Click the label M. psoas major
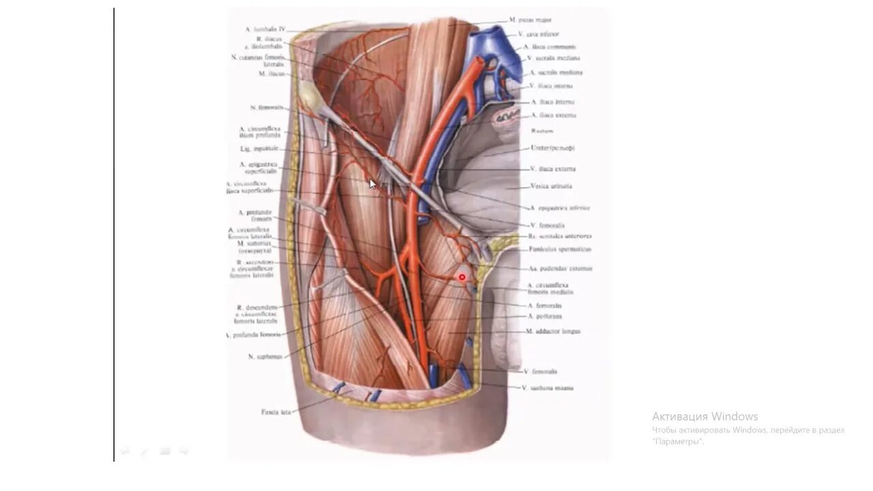[x=530, y=20]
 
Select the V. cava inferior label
[x=538, y=34]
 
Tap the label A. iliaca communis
[x=550, y=47]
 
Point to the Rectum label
[x=542, y=131]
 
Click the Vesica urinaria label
[x=551, y=186]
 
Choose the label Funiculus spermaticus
[x=559, y=250]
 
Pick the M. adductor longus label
[x=553, y=331]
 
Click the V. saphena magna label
[x=547, y=388]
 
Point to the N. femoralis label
[x=267, y=108]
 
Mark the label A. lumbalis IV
[x=265, y=30]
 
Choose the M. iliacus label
[x=271, y=74]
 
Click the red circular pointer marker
[x=462, y=277]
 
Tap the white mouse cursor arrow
[x=372, y=183]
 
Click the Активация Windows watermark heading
[x=705, y=417]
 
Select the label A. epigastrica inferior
[x=559, y=208]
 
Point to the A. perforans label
[x=545, y=316]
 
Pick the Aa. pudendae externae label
[x=561, y=269]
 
